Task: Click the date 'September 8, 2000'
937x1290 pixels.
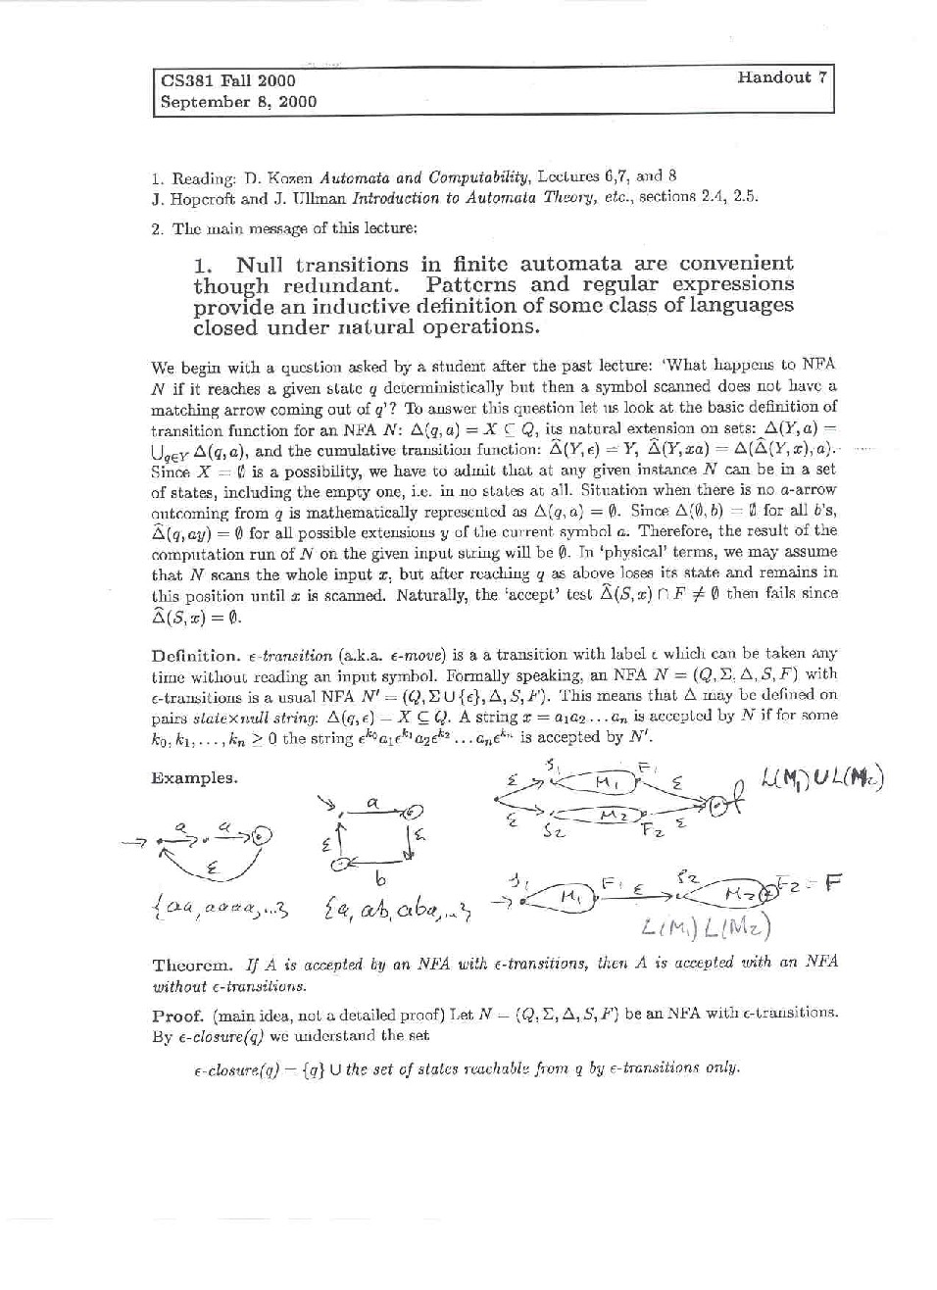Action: coord(238,101)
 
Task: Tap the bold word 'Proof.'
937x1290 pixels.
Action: coord(177,1014)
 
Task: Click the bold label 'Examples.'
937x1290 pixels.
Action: coord(194,778)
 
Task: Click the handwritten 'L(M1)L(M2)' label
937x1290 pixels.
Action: coord(706,926)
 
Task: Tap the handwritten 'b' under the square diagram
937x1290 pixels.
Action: coord(379,878)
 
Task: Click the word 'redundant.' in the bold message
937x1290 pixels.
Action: coord(340,285)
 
